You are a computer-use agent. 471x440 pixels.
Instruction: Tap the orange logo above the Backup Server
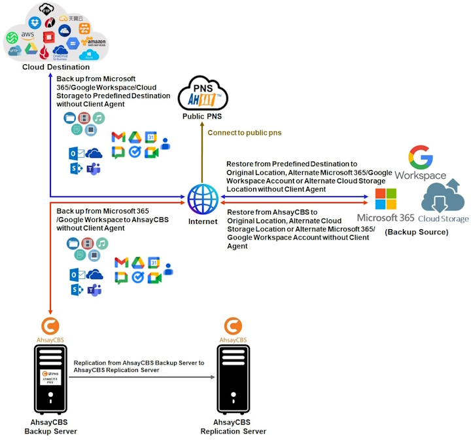click(x=50, y=325)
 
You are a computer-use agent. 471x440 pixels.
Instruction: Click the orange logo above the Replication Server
click(x=234, y=325)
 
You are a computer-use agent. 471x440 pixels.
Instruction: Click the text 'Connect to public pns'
click(x=244, y=133)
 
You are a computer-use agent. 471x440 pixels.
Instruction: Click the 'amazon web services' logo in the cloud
click(x=93, y=43)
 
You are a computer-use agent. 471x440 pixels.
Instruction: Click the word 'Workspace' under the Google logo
click(x=420, y=175)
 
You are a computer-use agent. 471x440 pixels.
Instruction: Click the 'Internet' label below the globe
click(x=202, y=221)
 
